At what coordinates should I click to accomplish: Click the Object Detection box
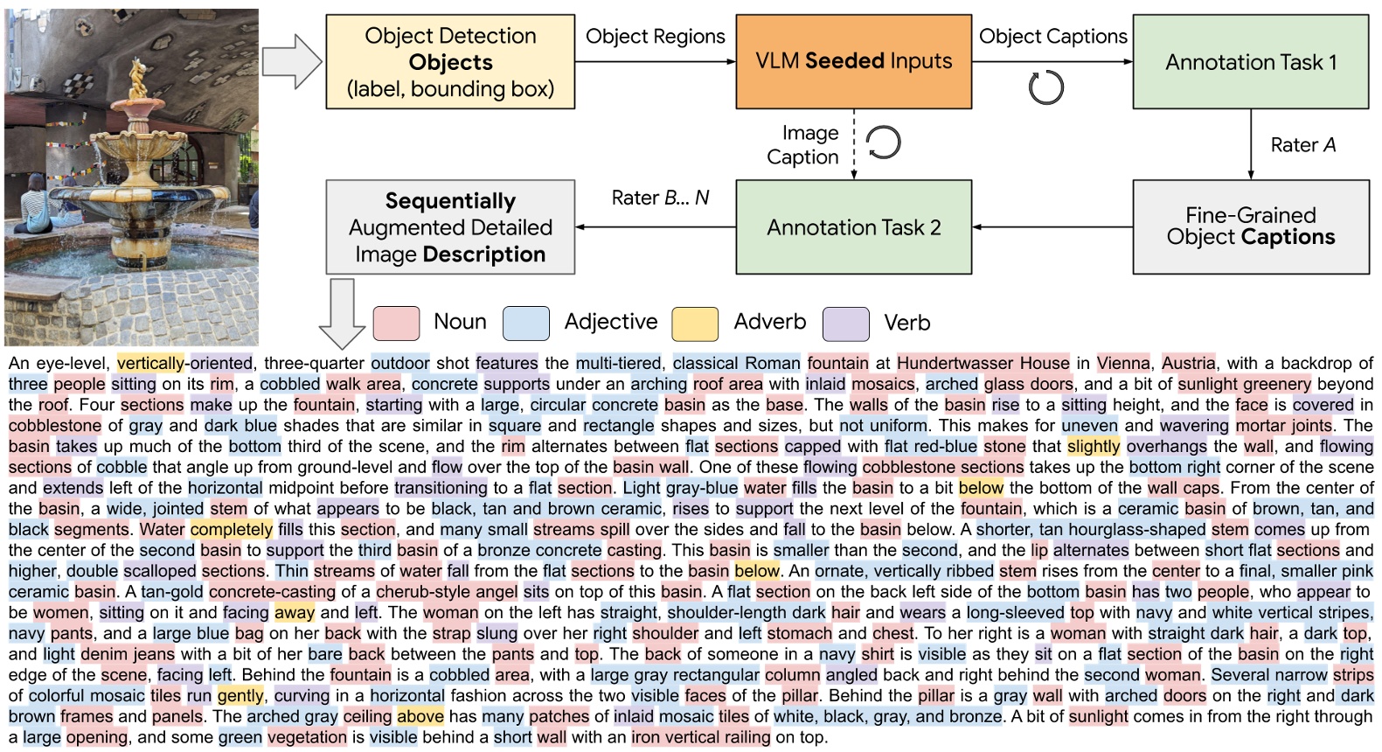tap(449, 61)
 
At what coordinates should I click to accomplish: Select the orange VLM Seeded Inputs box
tap(853, 61)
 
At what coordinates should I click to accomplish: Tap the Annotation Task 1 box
tap(1250, 61)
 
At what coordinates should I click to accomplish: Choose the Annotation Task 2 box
tap(853, 227)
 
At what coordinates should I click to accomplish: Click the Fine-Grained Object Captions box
tap(1250, 226)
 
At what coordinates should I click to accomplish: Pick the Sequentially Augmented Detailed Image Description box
tap(449, 227)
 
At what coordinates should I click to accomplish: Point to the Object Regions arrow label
tap(655, 36)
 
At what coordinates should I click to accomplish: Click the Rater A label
tap(1302, 145)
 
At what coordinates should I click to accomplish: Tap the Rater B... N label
tap(660, 198)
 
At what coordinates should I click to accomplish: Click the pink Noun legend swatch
tap(396, 323)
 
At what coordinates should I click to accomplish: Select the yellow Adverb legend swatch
tap(695, 323)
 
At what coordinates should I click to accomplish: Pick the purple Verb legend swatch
tap(845, 323)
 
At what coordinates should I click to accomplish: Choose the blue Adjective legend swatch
tap(525, 323)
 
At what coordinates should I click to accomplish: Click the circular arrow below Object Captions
tap(1045, 87)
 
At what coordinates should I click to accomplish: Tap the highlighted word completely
tap(232, 529)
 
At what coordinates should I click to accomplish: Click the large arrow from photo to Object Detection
tap(292, 61)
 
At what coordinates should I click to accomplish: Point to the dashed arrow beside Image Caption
tap(854, 144)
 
